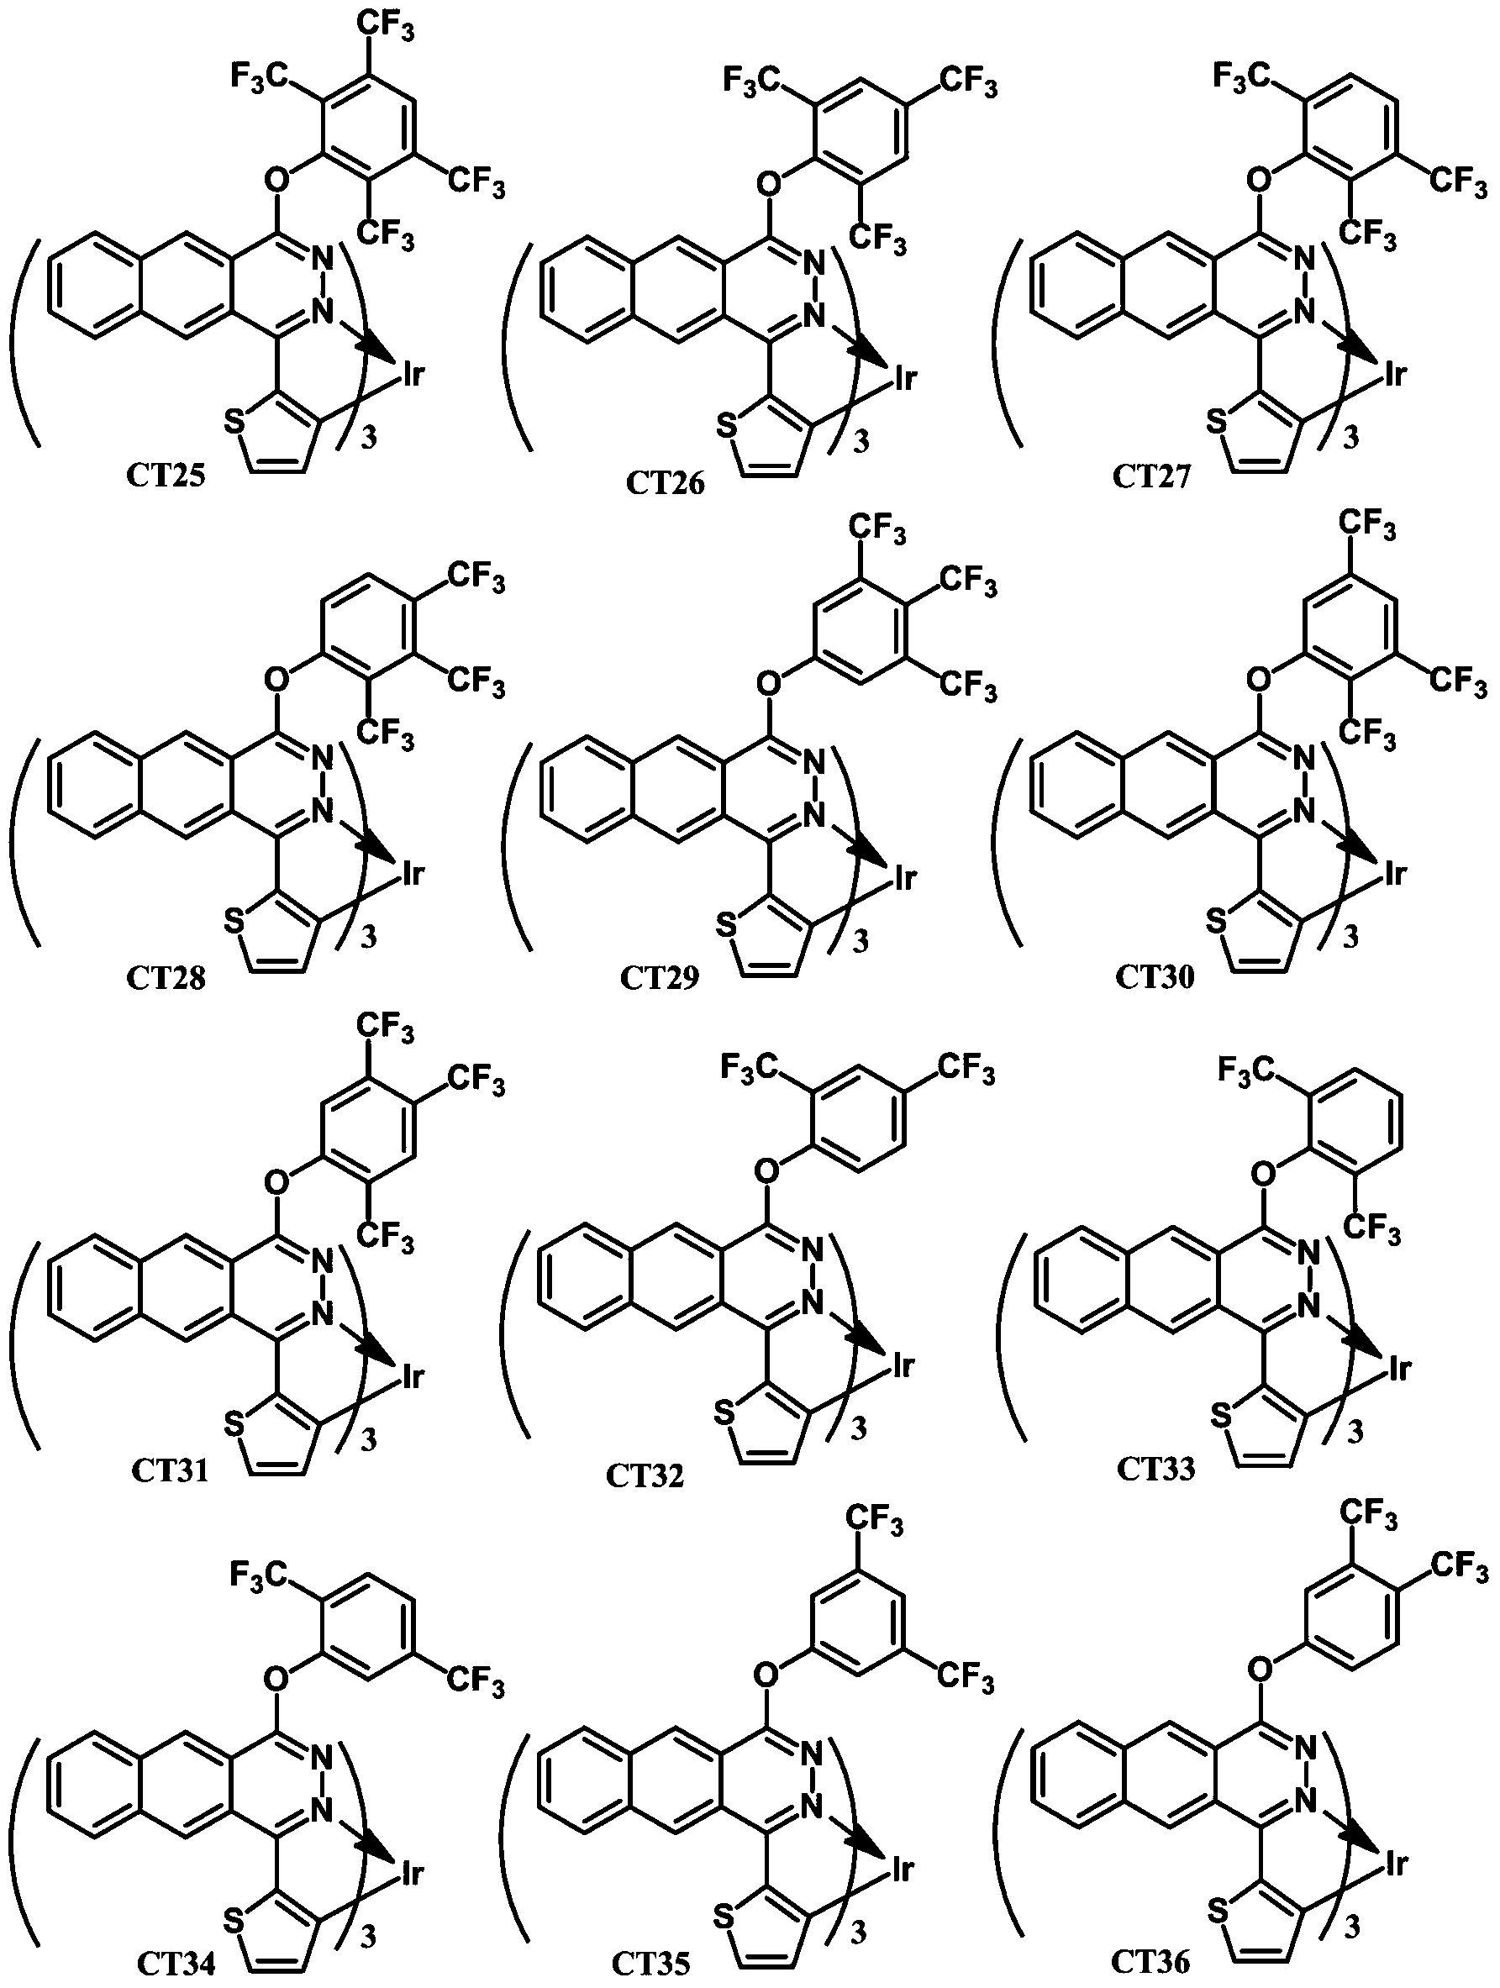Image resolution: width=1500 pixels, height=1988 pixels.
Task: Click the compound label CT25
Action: click(166, 474)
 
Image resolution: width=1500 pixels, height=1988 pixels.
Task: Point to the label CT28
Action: click(166, 976)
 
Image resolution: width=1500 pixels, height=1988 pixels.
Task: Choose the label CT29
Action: click(659, 977)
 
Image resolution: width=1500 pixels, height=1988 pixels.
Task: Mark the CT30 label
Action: click(1155, 976)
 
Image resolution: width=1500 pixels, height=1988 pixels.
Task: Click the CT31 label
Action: click(170, 1470)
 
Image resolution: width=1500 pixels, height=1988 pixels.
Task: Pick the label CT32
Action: click(645, 1475)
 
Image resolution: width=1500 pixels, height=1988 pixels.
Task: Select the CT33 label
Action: click(1155, 1468)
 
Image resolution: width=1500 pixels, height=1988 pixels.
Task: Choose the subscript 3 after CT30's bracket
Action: click(1350, 938)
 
